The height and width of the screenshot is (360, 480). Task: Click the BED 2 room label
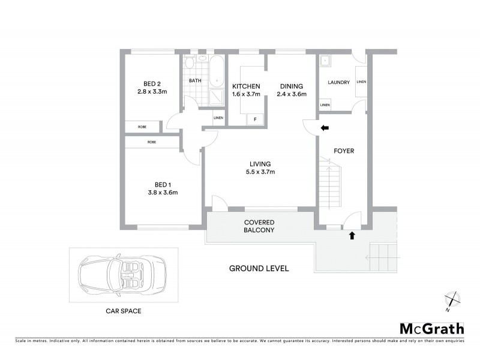point(151,83)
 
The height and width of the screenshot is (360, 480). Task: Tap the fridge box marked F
point(255,119)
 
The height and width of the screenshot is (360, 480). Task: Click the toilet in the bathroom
point(189,63)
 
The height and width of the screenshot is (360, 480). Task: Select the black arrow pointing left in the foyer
point(325,128)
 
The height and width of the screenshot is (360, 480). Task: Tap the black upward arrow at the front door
point(352,236)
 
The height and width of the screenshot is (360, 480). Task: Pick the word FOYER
point(344,151)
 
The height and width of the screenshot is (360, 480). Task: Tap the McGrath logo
point(431,328)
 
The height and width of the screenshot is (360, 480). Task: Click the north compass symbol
point(452,300)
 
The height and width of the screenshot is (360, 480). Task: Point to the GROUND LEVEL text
point(259,268)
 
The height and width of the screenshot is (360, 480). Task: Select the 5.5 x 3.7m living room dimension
point(261,172)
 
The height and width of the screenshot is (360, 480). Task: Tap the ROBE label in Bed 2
point(142,127)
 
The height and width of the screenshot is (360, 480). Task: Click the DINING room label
point(291,86)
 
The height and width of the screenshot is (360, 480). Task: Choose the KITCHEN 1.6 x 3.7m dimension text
point(246,94)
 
